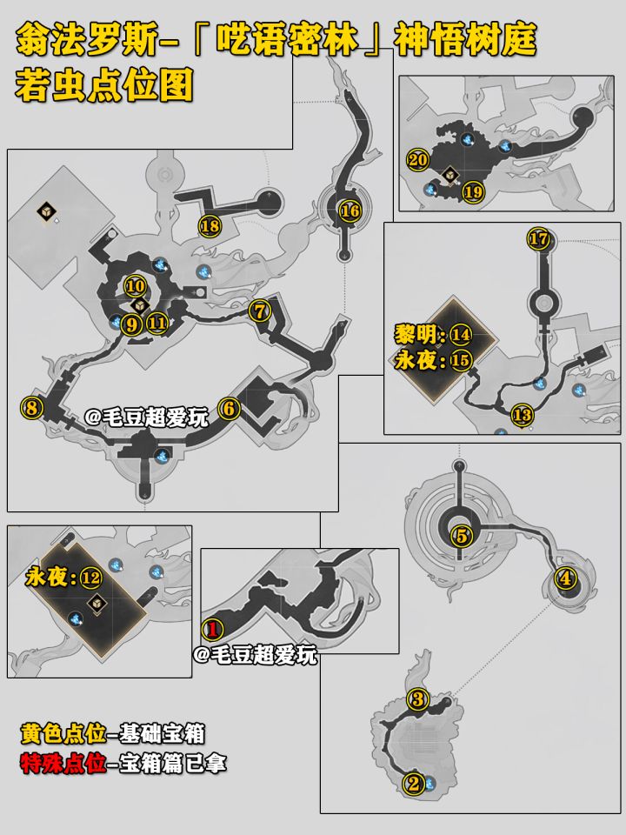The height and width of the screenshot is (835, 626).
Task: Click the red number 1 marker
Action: (x=212, y=630)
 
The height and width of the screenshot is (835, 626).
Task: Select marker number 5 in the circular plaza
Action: (x=462, y=535)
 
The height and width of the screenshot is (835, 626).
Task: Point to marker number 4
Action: (x=565, y=578)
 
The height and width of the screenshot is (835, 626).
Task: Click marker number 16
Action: (x=350, y=210)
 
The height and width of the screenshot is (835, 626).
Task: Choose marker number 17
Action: (x=539, y=238)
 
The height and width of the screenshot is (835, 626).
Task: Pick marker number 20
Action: (x=418, y=160)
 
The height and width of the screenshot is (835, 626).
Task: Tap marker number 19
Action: (x=473, y=191)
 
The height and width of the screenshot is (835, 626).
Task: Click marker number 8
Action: (x=31, y=408)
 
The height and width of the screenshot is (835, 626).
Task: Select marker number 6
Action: (x=229, y=409)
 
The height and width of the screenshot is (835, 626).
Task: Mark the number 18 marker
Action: (x=210, y=226)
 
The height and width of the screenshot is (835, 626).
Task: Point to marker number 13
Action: (x=522, y=415)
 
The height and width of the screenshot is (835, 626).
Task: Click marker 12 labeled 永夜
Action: (x=90, y=578)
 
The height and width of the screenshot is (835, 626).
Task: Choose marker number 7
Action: (x=260, y=311)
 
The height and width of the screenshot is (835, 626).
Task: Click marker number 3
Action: (x=418, y=698)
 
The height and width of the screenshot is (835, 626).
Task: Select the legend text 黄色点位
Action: (x=63, y=734)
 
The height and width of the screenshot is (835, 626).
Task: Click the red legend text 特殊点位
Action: (x=63, y=764)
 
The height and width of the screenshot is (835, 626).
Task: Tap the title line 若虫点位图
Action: (x=103, y=86)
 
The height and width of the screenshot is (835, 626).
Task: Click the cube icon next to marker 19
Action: (x=451, y=174)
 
